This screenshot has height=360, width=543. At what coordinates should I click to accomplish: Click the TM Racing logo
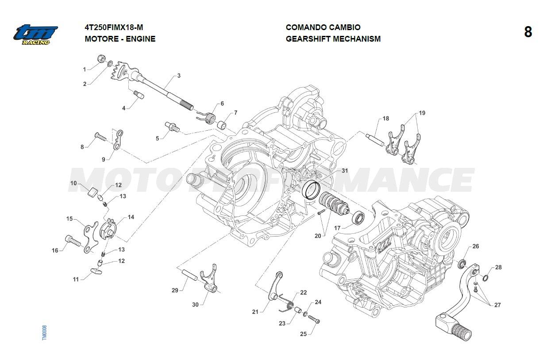tap(35, 35)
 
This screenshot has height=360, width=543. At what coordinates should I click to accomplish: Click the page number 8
tap(528, 32)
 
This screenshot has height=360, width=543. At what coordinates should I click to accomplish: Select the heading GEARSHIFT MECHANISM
tap(333, 39)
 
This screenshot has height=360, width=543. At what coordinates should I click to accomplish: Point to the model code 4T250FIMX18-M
tap(114, 27)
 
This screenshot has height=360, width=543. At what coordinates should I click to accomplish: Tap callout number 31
tap(344, 171)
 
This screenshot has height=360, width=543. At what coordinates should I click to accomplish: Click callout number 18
tap(386, 119)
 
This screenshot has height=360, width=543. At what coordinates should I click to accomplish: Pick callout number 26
tap(475, 246)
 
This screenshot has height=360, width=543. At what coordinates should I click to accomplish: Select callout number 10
tap(73, 183)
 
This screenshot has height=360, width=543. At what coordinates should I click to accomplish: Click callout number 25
tap(303, 334)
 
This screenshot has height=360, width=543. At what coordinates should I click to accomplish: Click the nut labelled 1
tap(101, 59)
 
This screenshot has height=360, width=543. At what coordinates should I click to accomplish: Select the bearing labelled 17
tap(358, 218)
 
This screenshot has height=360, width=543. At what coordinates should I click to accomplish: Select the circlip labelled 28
tap(485, 278)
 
